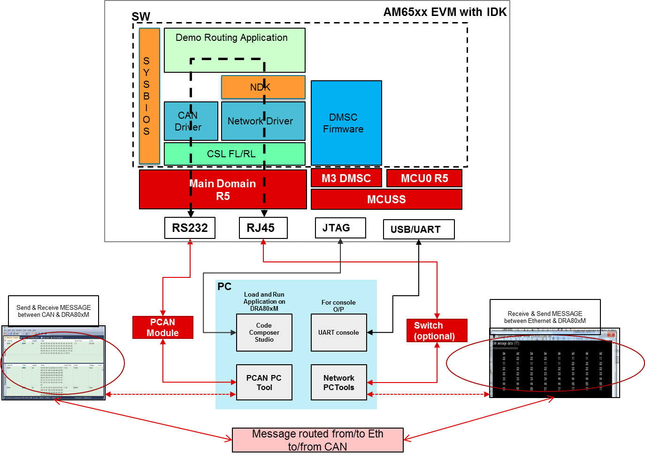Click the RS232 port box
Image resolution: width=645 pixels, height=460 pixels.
tap(190, 228)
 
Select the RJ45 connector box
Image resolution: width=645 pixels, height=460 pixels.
tap(263, 228)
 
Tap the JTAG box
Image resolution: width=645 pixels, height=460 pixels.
tap(340, 228)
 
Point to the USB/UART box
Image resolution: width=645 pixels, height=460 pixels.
tap(419, 230)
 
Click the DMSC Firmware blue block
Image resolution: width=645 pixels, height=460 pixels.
tap(346, 123)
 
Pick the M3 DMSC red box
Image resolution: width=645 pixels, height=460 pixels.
tap(346, 178)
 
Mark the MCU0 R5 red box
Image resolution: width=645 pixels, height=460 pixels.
tap(424, 178)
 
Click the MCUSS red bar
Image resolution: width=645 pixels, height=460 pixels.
tap(386, 199)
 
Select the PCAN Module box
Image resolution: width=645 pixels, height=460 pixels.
tap(162, 328)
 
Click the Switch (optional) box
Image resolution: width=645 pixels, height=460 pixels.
tap(437, 331)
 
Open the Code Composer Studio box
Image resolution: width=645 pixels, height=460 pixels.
tap(264, 333)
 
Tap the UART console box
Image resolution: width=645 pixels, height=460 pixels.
tap(338, 333)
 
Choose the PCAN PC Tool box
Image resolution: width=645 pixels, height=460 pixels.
tap(264, 383)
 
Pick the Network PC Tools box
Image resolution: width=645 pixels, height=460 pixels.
tap(338, 383)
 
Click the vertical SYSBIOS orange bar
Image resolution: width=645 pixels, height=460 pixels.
tap(149, 96)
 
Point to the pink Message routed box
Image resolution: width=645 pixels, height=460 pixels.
tap(317, 440)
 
